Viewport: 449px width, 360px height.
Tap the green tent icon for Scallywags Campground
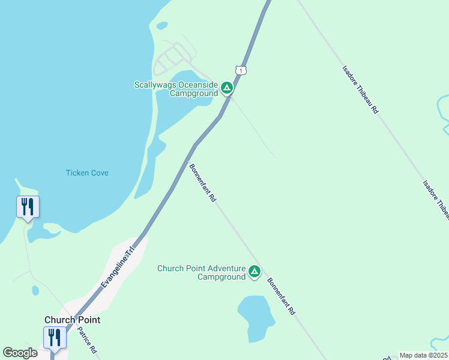(227, 89)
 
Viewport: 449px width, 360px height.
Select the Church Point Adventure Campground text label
(202, 272)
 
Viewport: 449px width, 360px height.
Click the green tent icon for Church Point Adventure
(255, 272)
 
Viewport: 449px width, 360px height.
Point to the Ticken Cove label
(87, 173)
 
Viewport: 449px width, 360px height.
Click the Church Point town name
(72, 320)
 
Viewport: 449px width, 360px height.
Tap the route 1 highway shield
(240, 71)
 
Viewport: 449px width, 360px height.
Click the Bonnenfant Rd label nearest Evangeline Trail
(202, 183)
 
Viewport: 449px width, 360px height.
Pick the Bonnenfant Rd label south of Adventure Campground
(281, 296)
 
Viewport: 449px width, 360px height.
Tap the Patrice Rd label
(87, 340)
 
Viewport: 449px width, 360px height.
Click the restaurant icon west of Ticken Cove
(28, 207)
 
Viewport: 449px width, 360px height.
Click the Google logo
(20, 353)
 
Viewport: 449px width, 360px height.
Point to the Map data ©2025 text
(423, 355)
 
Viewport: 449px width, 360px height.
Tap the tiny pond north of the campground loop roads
(161, 26)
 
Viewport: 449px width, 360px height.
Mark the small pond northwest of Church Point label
(35, 291)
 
